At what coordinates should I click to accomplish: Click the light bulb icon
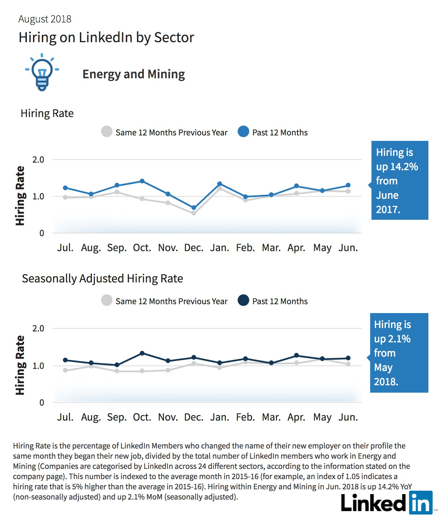click(42, 72)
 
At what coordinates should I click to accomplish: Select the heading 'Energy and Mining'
click(134, 74)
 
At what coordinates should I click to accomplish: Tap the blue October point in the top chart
click(142, 181)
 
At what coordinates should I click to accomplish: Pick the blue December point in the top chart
click(194, 208)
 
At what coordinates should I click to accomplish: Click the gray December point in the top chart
click(194, 213)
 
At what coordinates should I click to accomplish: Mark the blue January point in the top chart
click(220, 184)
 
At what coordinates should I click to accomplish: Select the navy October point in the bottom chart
click(142, 353)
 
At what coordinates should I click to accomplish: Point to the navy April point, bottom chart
click(296, 356)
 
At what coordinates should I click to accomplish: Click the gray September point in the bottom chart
click(117, 371)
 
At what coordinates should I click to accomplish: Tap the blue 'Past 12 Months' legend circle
click(243, 132)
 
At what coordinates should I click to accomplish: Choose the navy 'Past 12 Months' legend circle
click(243, 300)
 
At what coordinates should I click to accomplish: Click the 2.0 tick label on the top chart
click(38, 160)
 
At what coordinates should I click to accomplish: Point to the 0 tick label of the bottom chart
click(41, 403)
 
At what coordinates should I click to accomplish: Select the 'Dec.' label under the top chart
click(194, 248)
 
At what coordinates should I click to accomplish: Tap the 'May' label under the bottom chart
click(322, 418)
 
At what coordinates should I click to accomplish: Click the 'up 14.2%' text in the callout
click(397, 167)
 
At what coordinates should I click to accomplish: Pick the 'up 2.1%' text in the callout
click(392, 339)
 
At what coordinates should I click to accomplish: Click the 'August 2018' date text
click(45, 19)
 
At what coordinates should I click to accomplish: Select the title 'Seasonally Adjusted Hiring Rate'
click(102, 279)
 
